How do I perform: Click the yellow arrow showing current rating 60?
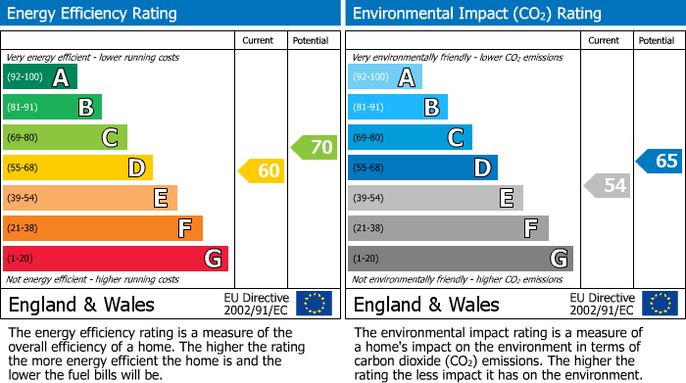262,171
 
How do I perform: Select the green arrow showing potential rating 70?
315,148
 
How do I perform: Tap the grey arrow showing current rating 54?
607,185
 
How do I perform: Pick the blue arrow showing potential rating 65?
660,162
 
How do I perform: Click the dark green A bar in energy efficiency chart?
39,77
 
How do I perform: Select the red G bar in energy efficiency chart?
115,259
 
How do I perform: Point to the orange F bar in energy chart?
102,228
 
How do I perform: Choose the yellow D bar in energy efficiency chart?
77,168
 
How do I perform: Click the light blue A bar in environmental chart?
384,77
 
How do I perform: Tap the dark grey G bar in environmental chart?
460,259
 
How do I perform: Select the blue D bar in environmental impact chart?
422,168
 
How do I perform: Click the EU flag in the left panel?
315,304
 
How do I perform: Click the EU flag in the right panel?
660,304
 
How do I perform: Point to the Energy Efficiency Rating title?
93,14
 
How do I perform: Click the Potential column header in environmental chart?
657,40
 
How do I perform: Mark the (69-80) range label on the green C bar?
22,138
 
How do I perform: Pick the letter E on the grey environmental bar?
506,198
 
